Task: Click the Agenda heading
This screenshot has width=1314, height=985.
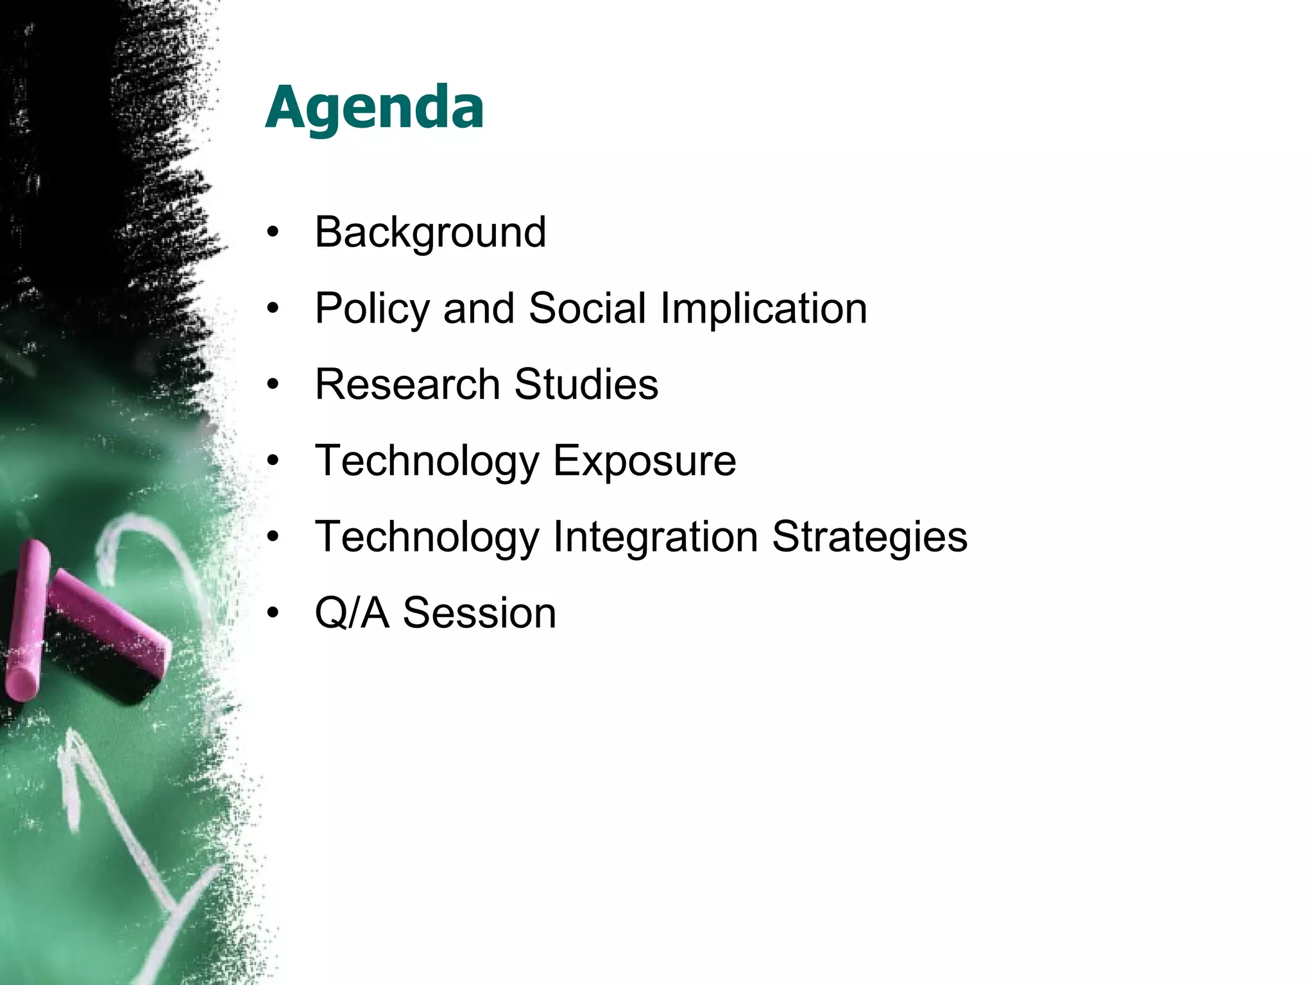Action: [374, 108]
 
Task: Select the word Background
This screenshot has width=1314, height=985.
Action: [430, 232]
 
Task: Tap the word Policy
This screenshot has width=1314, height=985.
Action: [371, 308]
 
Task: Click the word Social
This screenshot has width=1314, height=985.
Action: [587, 308]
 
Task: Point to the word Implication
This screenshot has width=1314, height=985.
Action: [764, 308]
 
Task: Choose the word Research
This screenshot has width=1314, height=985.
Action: [407, 385]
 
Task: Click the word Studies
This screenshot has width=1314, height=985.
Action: [586, 385]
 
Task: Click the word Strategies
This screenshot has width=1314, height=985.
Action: [869, 537]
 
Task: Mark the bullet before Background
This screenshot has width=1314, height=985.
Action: [273, 233]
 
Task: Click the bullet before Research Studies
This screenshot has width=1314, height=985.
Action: [273, 385]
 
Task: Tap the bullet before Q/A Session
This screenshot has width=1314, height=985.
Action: [273, 614]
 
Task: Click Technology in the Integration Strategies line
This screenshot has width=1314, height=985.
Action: [427, 537]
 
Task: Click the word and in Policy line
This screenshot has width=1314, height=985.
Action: [478, 308]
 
